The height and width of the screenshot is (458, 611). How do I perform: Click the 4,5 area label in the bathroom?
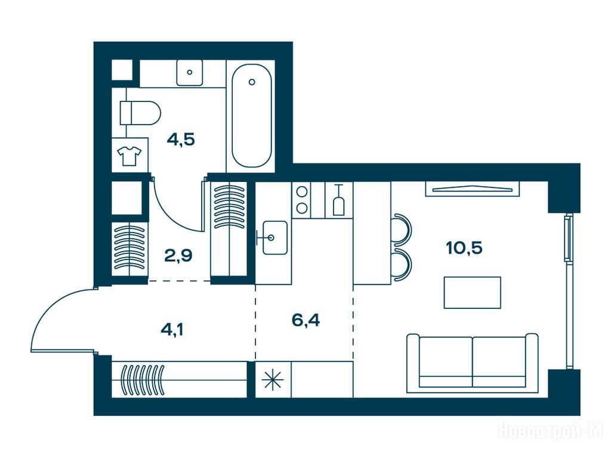180,138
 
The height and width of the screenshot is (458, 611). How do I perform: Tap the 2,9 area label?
178,255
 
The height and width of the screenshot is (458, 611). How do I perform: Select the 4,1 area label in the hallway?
172,329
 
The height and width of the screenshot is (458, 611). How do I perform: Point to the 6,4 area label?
305,320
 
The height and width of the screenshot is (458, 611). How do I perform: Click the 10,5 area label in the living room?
464,247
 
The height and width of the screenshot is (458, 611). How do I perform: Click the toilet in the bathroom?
140,113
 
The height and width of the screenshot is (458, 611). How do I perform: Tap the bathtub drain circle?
252,82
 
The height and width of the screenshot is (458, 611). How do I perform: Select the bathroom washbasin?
189,72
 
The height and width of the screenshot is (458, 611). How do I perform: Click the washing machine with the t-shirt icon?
129,154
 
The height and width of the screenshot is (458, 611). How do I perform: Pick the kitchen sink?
274,237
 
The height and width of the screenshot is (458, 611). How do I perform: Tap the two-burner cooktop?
301,200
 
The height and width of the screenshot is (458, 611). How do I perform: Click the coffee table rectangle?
473,292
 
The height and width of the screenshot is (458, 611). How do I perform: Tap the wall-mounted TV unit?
473,189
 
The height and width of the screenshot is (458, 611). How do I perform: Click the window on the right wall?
569,290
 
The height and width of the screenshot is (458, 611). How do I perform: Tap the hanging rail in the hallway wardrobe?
179,380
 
